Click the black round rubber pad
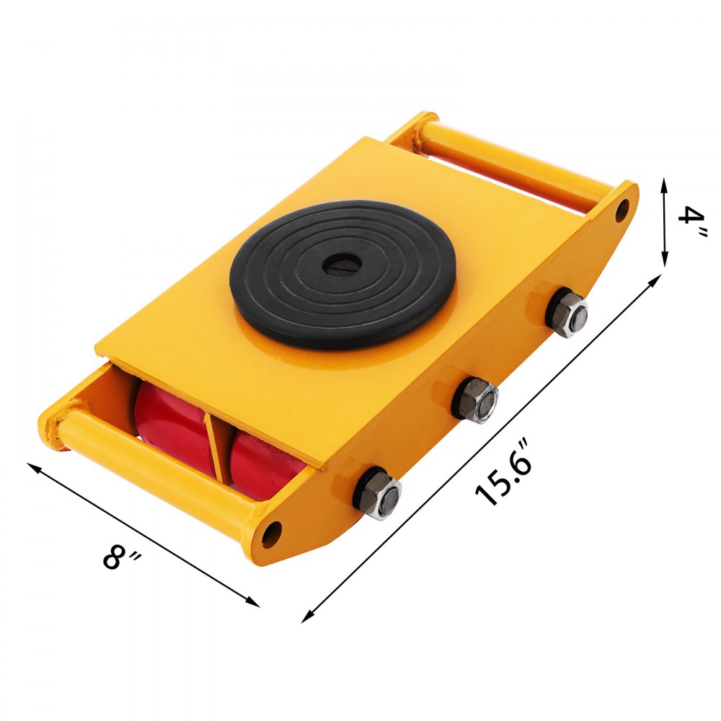tap(342, 275)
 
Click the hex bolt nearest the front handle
tap(378, 493)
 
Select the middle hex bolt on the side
tap(476, 399)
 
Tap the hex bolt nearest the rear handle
tap(567, 312)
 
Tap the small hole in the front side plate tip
tap(272, 534)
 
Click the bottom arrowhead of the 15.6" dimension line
tap(306, 618)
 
